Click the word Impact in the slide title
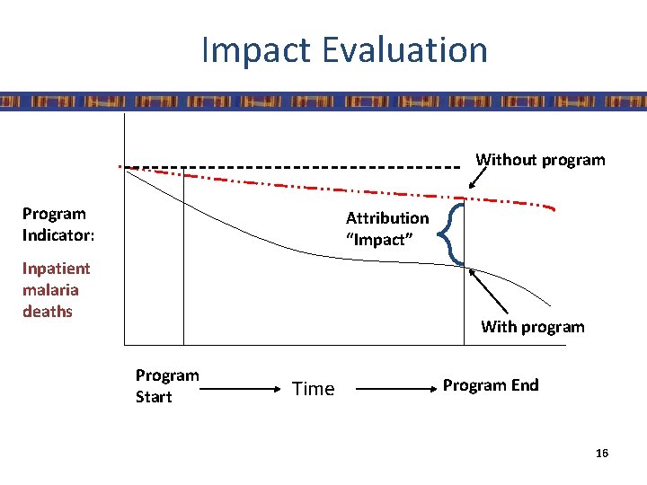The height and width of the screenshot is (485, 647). pyautogui.click(x=260, y=50)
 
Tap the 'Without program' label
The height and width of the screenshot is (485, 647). pyautogui.click(x=540, y=160)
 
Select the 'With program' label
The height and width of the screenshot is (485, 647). pyautogui.click(x=532, y=327)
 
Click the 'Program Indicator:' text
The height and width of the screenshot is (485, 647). pyautogui.click(x=55, y=225)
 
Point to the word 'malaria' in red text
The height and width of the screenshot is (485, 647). pyautogui.click(x=50, y=290)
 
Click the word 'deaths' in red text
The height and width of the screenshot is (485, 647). pyautogui.click(x=47, y=312)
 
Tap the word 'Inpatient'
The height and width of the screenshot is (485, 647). pyautogui.click(x=56, y=269)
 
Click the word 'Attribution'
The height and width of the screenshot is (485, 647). pyautogui.click(x=387, y=218)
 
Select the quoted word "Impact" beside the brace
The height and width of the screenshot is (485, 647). pyautogui.click(x=379, y=240)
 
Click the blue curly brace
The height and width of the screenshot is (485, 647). pyautogui.click(x=455, y=234)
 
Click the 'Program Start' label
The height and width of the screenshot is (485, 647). pyautogui.click(x=166, y=385)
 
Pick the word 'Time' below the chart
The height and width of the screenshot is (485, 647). pyautogui.click(x=313, y=389)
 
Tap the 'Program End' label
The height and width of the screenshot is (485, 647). pyautogui.click(x=490, y=385)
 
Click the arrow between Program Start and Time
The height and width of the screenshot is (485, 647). pyautogui.click(x=235, y=389)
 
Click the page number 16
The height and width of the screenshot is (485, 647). pyautogui.click(x=601, y=454)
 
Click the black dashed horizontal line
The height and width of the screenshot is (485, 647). pyautogui.click(x=288, y=167)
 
